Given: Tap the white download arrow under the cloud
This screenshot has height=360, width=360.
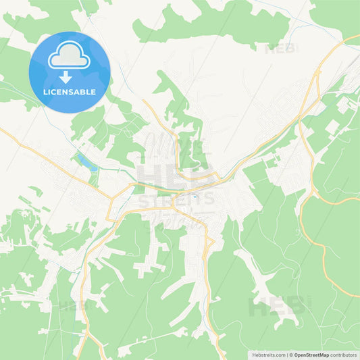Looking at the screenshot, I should click(x=66, y=76).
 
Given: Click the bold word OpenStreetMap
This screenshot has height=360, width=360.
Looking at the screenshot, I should click(x=315, y=354).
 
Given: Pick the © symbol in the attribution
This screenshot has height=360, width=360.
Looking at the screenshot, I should click(x=292, y=354).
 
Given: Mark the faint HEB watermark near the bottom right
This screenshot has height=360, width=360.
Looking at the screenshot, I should click(x=278, y=307).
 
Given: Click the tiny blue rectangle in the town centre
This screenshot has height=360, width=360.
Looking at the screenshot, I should click(x=195, y=197).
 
